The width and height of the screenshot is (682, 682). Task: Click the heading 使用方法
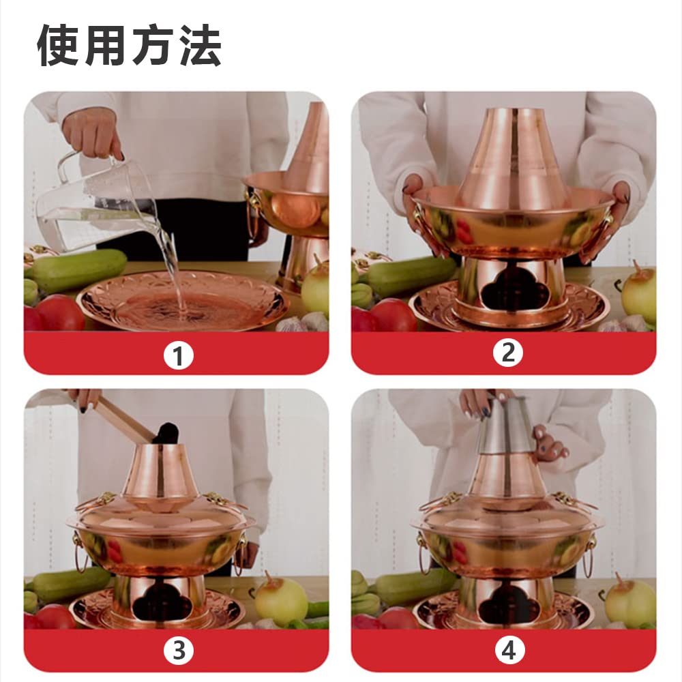[x=129, y=46]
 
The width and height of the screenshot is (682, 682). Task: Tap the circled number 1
[x=178, y=355]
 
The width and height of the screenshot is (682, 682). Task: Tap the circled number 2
[x=507, y=353]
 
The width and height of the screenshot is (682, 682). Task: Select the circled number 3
[x=178, y=651]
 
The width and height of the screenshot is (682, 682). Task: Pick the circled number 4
[x=508, y=651]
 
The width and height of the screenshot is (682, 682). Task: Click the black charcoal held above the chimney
[x=166, y=432]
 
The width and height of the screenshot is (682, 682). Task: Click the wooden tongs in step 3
[x=123, y=417]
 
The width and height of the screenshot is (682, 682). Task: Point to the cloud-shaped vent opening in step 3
[x=161, y=602]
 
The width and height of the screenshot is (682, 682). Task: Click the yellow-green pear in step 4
[x=631, y=601]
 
